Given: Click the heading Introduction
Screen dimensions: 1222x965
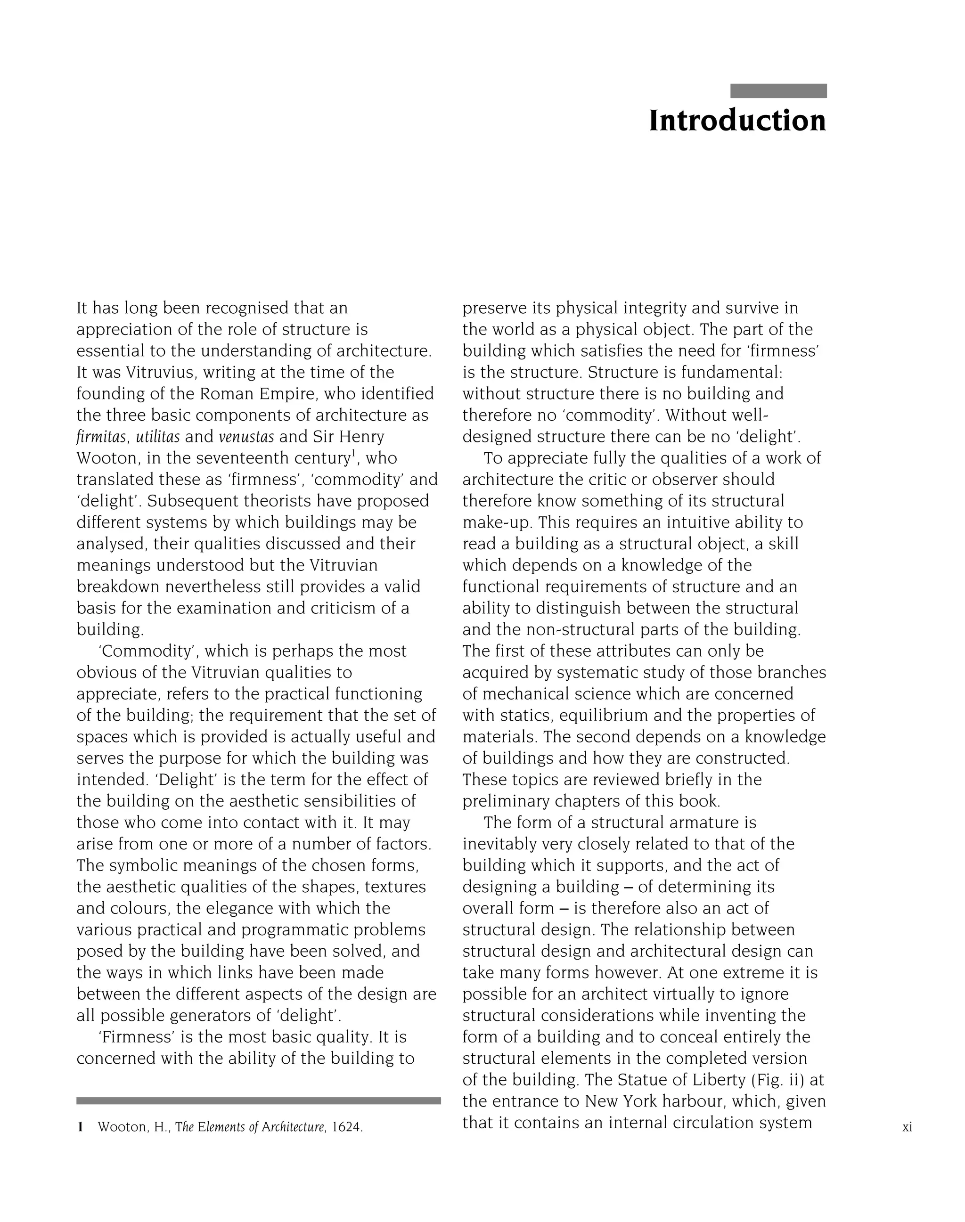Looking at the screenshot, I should click(737, 122).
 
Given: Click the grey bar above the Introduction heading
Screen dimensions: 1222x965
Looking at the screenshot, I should click(778, 91).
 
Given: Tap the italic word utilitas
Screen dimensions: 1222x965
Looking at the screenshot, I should click(158, 437).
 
